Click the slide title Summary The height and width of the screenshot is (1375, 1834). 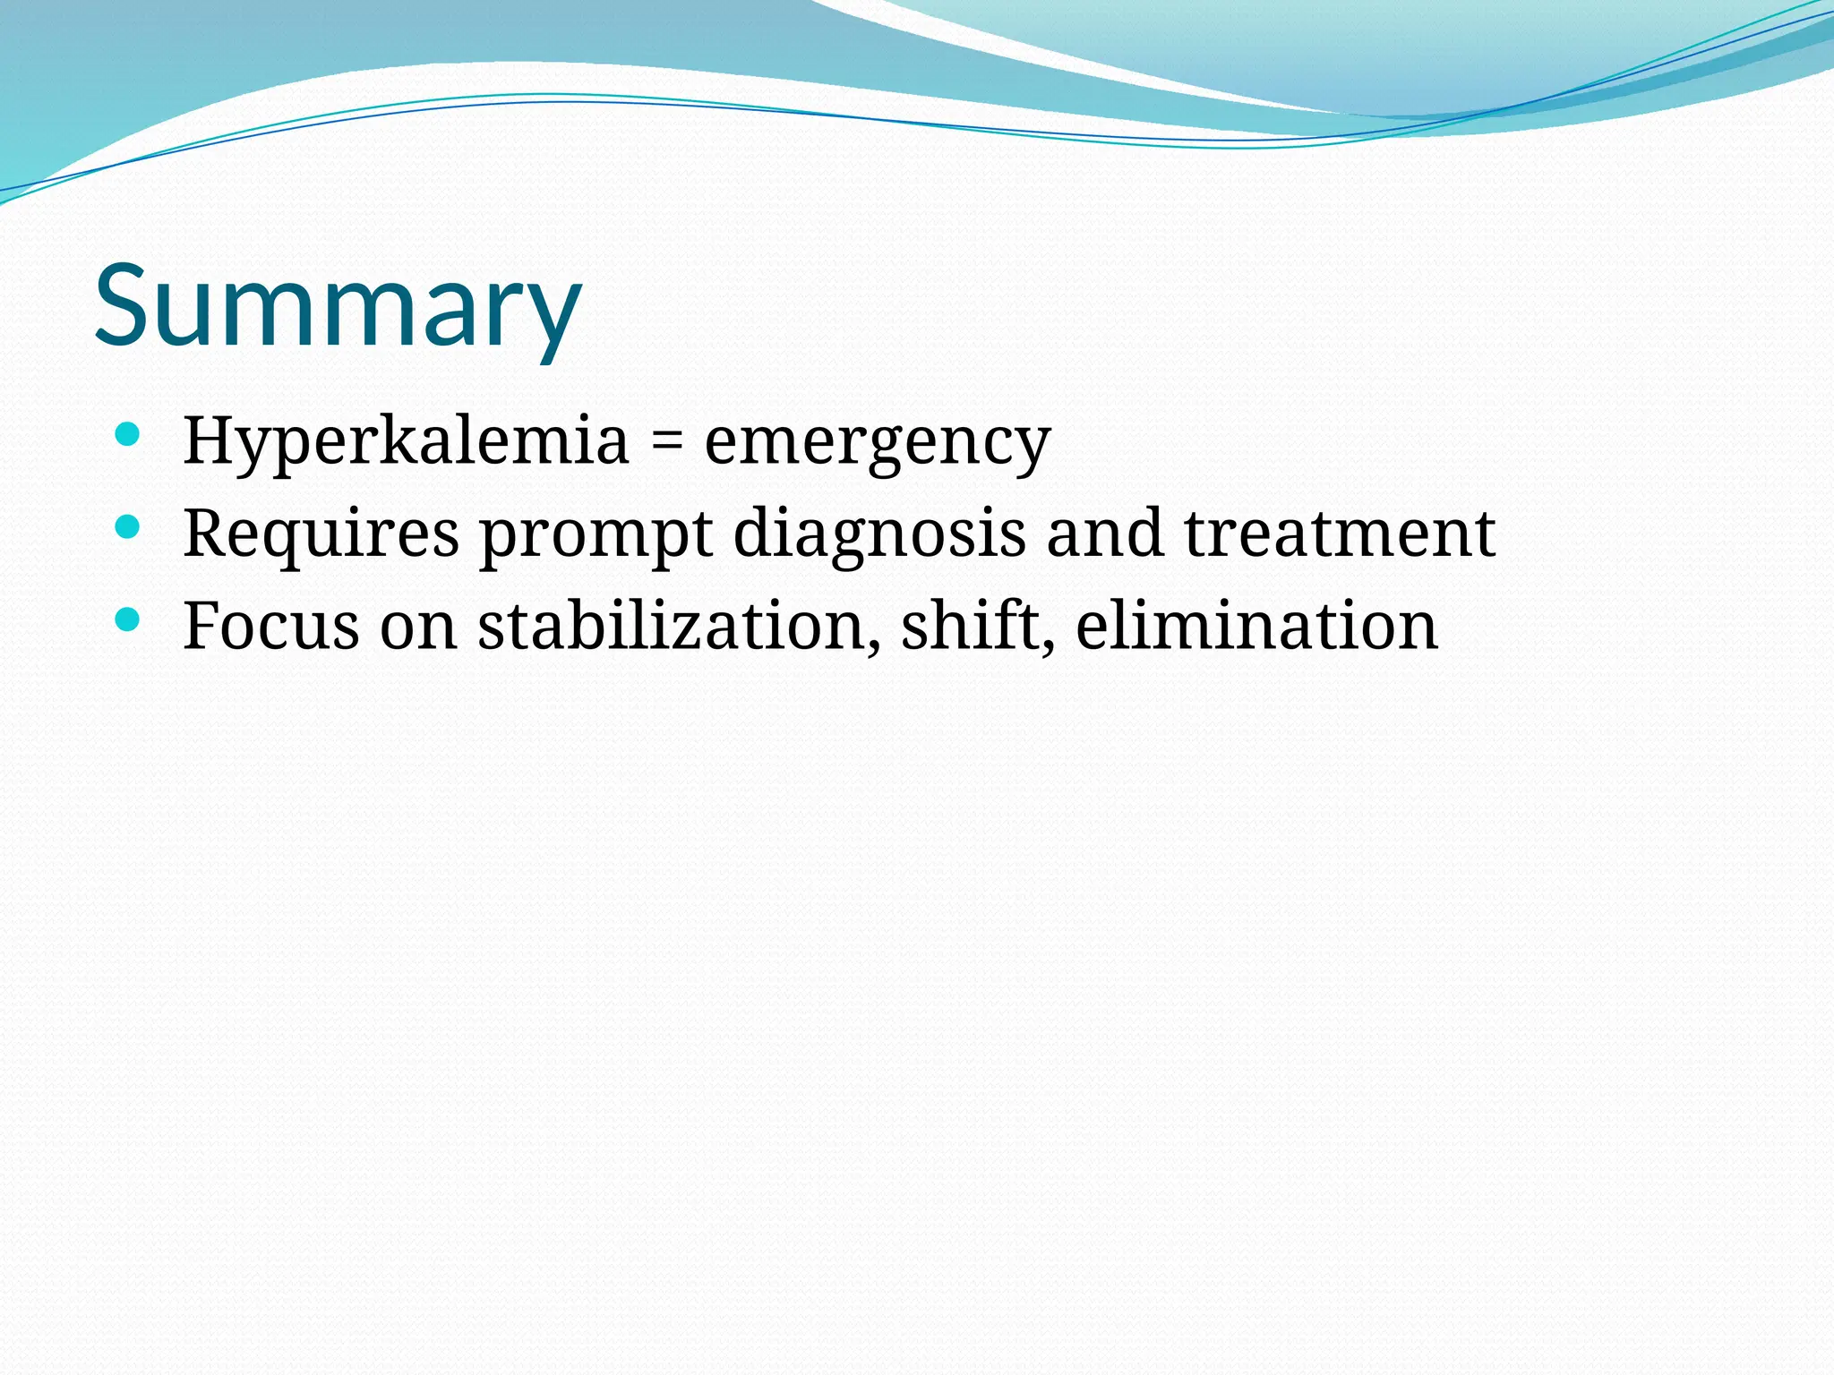pyautogui.click(x=339, y=306)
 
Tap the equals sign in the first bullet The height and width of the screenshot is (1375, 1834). pyautogui.click(x=666, y=442)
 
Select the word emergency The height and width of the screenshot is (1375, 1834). pyautogui.click(x=877, y=442)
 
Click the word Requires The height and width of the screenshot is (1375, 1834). pyautogui.click(x=321, y=534)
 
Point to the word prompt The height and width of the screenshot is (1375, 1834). pyautogui.click(x=596, y=535)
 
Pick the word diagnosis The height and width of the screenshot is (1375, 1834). pyautogui.click(x=879, y=534)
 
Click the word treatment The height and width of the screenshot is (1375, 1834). pyautogui.click(x=1340, y=534)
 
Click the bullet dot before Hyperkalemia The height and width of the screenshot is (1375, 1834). pyautogui.click(x=128, y=436)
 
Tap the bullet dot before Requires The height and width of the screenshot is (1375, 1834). pyautogui.click(x=128, y=527)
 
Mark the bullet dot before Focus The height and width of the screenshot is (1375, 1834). pyautogui.click(x=128, y=619)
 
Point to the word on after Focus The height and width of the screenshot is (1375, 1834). pyautogui.click(x=418, y=627)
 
